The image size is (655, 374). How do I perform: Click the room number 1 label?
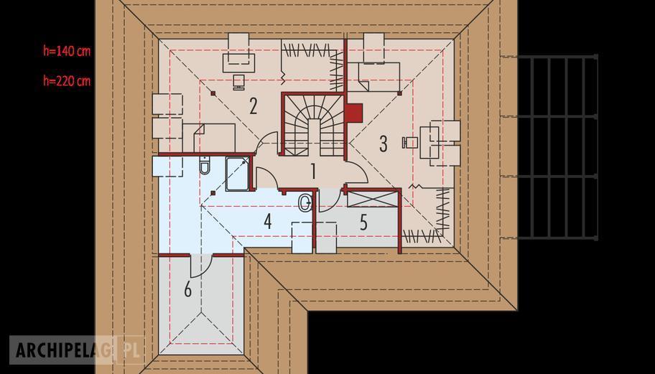click(312, 171)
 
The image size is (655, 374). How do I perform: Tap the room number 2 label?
click(253, 106)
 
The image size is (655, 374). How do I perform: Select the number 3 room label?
click(383, 144)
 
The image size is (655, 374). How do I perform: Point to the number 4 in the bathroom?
click(268, 222)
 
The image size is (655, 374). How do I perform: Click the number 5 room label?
click(364, 223)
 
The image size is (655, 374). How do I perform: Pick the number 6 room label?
click(188, 289)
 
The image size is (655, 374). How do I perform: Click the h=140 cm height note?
click(67, 51)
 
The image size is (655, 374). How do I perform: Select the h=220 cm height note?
click(67, 80)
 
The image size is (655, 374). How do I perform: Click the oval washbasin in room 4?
click(305, 203)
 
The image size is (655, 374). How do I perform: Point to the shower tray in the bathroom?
click(238, 174)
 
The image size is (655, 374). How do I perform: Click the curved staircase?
click(315, 124)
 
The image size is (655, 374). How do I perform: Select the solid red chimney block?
click(353, 113)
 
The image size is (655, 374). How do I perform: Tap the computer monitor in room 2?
click(238, 82)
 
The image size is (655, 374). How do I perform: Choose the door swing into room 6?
click(201, 266)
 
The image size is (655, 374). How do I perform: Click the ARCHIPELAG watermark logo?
click(78, 350)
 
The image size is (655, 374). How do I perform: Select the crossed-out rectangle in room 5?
click(372, 199)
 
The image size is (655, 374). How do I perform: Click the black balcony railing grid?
click(557, 147)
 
